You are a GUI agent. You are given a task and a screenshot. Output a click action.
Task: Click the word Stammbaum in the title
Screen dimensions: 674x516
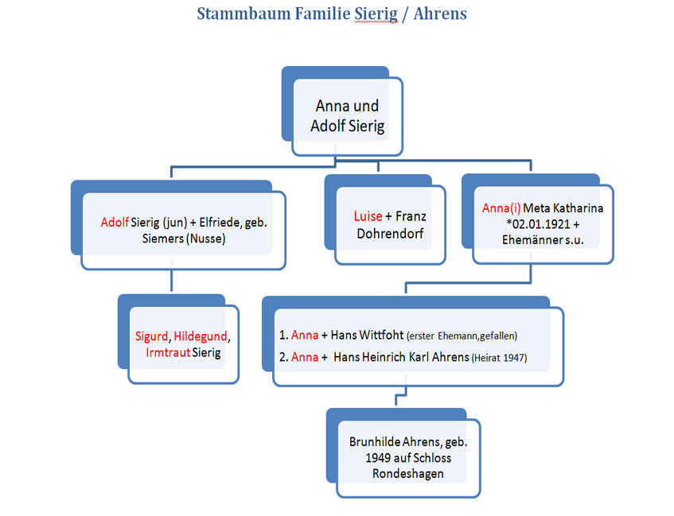coord(243,14)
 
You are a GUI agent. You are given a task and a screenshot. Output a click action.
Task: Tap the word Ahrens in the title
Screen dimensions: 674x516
coord(440,14)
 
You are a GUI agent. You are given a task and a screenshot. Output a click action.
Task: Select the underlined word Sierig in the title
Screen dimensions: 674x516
coord(376,14)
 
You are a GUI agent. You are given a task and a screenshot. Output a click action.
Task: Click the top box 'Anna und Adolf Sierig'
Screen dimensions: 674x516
coord(347,116)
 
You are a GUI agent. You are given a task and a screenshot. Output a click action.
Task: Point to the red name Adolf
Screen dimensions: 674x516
coord(115,222)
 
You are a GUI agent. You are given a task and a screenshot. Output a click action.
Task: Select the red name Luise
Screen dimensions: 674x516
coord(368,216)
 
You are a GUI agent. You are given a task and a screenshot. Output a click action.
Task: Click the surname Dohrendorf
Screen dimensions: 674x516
coord(390,234)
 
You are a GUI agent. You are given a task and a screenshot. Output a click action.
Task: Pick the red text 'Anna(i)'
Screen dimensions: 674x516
coord(501,208)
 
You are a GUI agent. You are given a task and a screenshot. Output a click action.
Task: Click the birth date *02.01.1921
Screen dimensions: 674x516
coord(538,224)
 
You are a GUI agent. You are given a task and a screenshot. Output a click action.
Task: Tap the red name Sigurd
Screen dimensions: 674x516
coord(152,336)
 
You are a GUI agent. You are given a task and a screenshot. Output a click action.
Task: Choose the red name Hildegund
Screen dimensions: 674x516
coord(201,336)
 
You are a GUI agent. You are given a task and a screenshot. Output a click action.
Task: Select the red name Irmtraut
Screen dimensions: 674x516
coord(168,353)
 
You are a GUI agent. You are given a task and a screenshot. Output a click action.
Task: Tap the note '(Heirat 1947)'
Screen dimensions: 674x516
coord(499,358)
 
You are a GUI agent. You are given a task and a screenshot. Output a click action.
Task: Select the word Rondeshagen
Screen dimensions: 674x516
coord(408,474)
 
